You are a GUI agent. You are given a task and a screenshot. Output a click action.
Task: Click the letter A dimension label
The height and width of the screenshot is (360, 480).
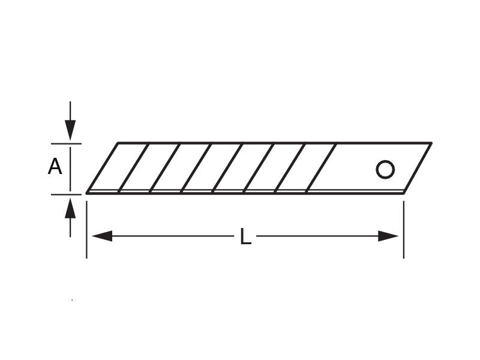[x=55, y=167]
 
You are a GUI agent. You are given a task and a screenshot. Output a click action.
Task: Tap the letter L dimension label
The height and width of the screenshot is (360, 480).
[x=245, y=236]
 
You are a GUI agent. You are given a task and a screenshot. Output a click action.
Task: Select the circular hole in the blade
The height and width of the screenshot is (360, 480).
[x=385, y=169]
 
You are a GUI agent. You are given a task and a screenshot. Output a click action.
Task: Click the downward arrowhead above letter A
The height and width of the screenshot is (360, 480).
[x=70, y=130]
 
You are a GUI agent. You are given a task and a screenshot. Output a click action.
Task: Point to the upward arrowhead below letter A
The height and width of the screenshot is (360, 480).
[x=70, y=208]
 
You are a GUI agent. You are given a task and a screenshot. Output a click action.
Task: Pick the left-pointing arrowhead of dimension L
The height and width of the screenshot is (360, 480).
[x=102, y=236]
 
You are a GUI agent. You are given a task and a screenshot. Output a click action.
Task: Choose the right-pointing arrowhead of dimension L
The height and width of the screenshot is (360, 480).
[x=388, y=236]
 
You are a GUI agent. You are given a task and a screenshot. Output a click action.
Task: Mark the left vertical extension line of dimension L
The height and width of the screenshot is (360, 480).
[x=86, y=230]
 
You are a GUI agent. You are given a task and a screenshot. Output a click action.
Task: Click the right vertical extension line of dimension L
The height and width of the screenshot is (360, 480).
[x=403, y=230]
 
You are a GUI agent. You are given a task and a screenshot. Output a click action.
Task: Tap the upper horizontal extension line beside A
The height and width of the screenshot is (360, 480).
[x=66, y=143]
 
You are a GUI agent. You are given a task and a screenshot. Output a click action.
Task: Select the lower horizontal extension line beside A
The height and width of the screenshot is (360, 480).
[x=66, y=194]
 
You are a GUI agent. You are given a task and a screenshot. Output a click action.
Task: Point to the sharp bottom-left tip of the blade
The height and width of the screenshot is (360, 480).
[x=86, y=193]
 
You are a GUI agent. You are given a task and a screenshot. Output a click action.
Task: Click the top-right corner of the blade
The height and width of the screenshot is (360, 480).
[x=431, y=143]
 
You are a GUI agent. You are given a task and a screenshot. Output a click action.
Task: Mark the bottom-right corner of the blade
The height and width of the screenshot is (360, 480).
[x=404, y=193]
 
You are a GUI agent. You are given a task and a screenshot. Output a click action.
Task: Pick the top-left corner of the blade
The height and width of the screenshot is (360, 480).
[x=118, y=143]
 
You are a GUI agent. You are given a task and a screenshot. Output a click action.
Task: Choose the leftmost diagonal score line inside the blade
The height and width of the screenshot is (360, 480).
[x=133, y=168]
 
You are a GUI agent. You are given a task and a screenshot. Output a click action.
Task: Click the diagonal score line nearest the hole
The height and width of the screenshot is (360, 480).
[x=321, y=168]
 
